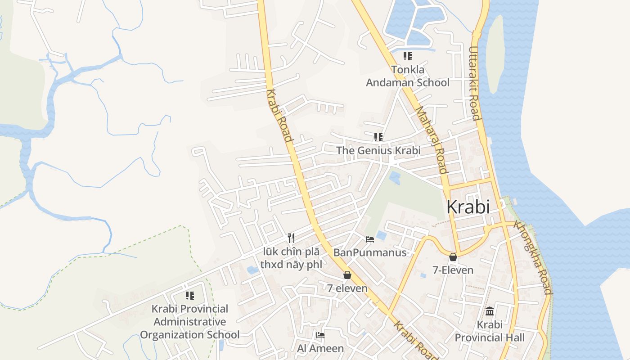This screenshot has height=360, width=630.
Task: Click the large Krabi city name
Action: pos(468,207)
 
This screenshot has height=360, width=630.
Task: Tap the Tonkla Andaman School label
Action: pos(408,76)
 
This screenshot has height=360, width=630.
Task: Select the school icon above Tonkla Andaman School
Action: pos(407,56)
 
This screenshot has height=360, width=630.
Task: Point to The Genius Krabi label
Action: pos(378,150)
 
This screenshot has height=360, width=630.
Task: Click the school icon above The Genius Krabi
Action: pos(378,137)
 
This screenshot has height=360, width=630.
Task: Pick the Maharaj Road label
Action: pos(432,140)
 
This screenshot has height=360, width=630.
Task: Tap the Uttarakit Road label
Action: pos(474,83)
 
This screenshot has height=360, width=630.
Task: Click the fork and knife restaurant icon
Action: pos(291,238)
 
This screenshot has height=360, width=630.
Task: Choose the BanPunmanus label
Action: pos(370,252)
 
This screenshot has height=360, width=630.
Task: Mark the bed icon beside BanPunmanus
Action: pos(370,239)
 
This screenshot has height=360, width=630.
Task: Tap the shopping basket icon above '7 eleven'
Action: pos(347,275)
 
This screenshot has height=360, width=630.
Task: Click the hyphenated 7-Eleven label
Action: pos(453,270)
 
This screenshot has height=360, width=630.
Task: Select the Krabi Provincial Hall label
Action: pos(490,331)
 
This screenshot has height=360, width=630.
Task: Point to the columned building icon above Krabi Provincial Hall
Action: pos(490,311)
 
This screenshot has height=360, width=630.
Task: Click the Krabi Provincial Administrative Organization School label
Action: pos(190,322)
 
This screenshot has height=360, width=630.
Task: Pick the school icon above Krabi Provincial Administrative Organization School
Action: pos(190,296)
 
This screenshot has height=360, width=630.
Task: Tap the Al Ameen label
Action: pos(320,348)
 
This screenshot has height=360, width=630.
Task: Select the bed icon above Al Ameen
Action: pos(320,335)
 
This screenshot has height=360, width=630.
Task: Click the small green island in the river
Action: pos(495,54)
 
